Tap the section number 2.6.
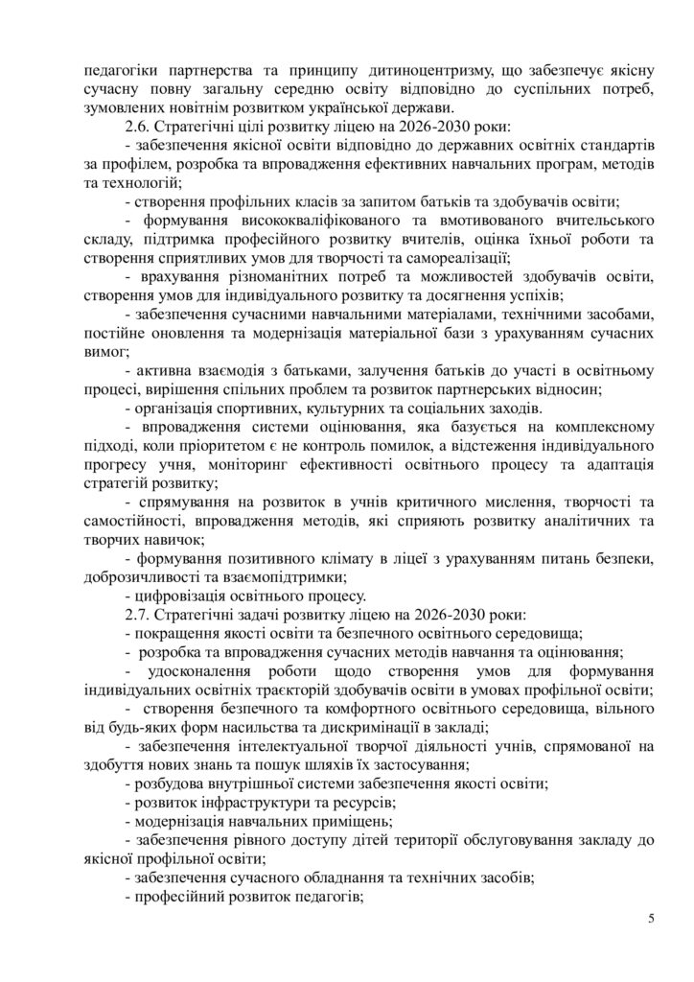coord(139,127)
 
